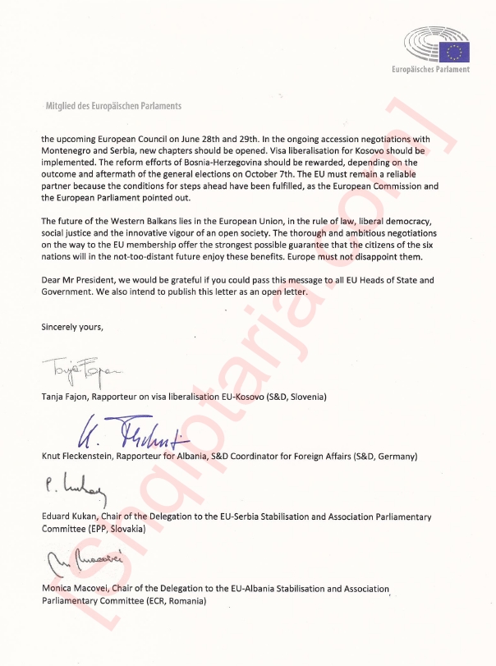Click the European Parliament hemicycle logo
pyautogui.click(x=422, y=48)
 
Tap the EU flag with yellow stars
pyautogui.click(x=454, y=52)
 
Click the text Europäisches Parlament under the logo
pyautogui.click(x=430, y=70)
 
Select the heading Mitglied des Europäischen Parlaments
pyautogui.click(x=113, y=106)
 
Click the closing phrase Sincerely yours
pyautogui.click(x=72, y=326)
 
